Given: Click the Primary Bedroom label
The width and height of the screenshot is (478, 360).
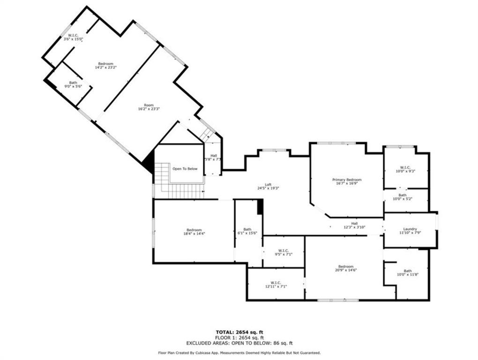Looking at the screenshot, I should coord(347,180).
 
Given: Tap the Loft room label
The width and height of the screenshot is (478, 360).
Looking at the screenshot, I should coord(268,184).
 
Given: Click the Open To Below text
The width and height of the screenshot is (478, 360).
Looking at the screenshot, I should coord(185,169).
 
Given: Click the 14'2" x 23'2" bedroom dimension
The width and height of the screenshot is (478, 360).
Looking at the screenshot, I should coord(105,67).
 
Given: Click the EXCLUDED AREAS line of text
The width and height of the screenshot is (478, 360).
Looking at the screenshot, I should coord(239,343).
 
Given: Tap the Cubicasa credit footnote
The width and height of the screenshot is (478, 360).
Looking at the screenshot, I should coord(239,352).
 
